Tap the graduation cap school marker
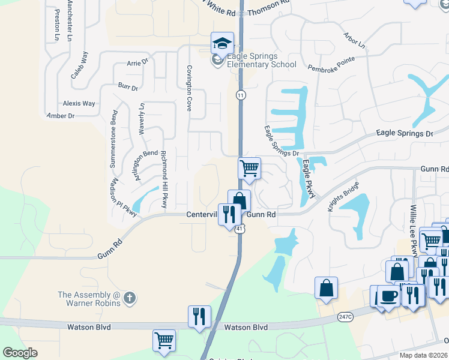[221, 43]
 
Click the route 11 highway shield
[241, 95]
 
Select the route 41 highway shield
[240, 229]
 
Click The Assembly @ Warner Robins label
[89, 298]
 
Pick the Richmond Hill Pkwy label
[164, 178]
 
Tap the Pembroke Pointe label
[331, 65]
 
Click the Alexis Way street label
[79, 103]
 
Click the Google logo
[20, 353]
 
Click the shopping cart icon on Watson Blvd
[164, 340]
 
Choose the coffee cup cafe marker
[388, 296]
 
